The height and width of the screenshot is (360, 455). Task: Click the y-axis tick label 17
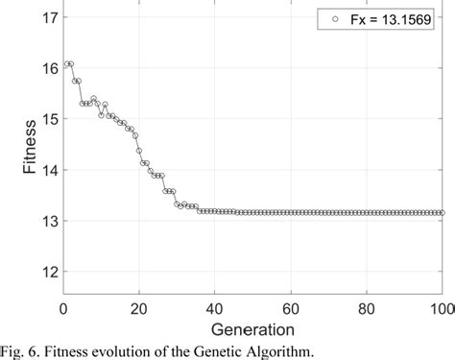coord(48,17)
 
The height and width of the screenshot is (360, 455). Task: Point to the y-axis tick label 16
coord(48,68)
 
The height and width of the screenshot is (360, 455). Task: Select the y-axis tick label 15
coord(48,119)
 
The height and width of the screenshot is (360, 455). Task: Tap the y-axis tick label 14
coord(48,170)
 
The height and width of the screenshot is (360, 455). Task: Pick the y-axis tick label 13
coord(48,221)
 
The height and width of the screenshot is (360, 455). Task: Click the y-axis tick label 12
coord(48,272)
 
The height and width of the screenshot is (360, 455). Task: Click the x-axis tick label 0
coord(63,308)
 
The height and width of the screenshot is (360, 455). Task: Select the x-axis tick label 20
coord(139,308)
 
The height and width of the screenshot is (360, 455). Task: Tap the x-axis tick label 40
coord(214,308)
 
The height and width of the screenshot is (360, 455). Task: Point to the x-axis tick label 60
coord(290,308)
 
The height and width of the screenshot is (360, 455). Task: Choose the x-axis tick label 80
coord(366,308)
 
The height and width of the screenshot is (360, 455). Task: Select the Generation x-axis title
coord(253,329)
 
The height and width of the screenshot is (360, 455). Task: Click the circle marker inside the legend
coord(333,19)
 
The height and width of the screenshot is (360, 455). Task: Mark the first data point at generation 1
coord(66,63)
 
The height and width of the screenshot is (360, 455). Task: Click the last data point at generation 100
coord(442,213)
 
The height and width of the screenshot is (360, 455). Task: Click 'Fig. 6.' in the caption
coord(22,350)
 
